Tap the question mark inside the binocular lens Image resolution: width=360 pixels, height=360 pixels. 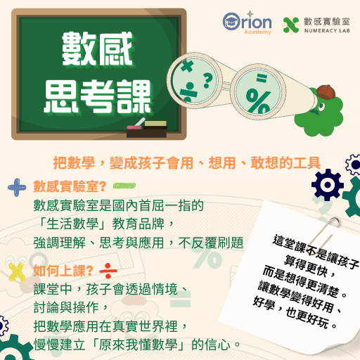tap(207, 78)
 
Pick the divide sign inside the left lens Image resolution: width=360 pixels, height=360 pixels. tap(188, 91)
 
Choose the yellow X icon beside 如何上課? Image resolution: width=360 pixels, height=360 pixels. tap(15, 271)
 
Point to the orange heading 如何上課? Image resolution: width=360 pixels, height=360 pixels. tap(63, 271)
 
